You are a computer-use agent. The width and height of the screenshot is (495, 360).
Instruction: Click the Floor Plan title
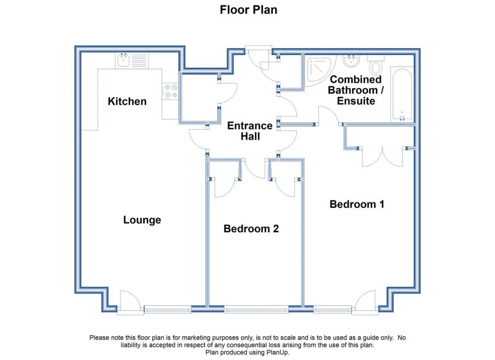point(249,10)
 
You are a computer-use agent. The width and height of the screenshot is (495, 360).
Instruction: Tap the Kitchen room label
point(127,101)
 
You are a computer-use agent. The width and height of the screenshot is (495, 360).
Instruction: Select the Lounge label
point(142,220)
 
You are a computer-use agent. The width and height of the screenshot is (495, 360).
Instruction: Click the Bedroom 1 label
point(357,204)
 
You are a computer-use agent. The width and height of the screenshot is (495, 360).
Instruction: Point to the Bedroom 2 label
point(251,228)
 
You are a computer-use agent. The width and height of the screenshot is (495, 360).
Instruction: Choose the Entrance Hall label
point(250,131)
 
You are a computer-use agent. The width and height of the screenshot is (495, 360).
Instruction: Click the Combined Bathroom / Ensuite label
point(356,90)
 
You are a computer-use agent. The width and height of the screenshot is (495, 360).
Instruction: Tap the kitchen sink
point(123,60)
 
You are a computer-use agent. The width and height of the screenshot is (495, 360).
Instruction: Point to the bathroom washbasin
point(351,61)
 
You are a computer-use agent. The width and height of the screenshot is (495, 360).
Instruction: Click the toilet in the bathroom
point(376,65)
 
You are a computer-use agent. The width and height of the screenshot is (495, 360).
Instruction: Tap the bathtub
point(402,94)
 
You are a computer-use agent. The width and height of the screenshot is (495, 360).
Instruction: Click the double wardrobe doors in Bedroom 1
point(382,157)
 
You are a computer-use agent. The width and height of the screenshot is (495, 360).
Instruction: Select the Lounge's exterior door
point(130,303)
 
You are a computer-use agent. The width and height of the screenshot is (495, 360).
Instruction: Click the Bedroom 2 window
point(256,309)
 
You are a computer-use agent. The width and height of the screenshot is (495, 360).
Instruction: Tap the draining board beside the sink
point(139,60)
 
